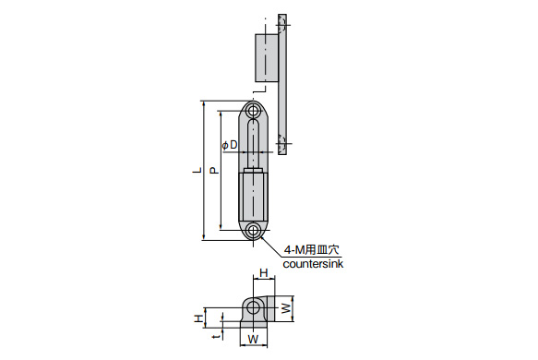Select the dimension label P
pyautogui.click(x=213, y=171)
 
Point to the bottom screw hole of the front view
pyautogui.click(x=253, y=229)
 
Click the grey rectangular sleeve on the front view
pyautogui.click(x=253, y=196)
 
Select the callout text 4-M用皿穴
pyautogui.click(x=312, y=249)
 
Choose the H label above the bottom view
pyautogui.click(x=263, y=273)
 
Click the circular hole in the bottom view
pyautogui.click(x=253, y=306)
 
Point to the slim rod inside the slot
pyautogui.click(x=253, y=148)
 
